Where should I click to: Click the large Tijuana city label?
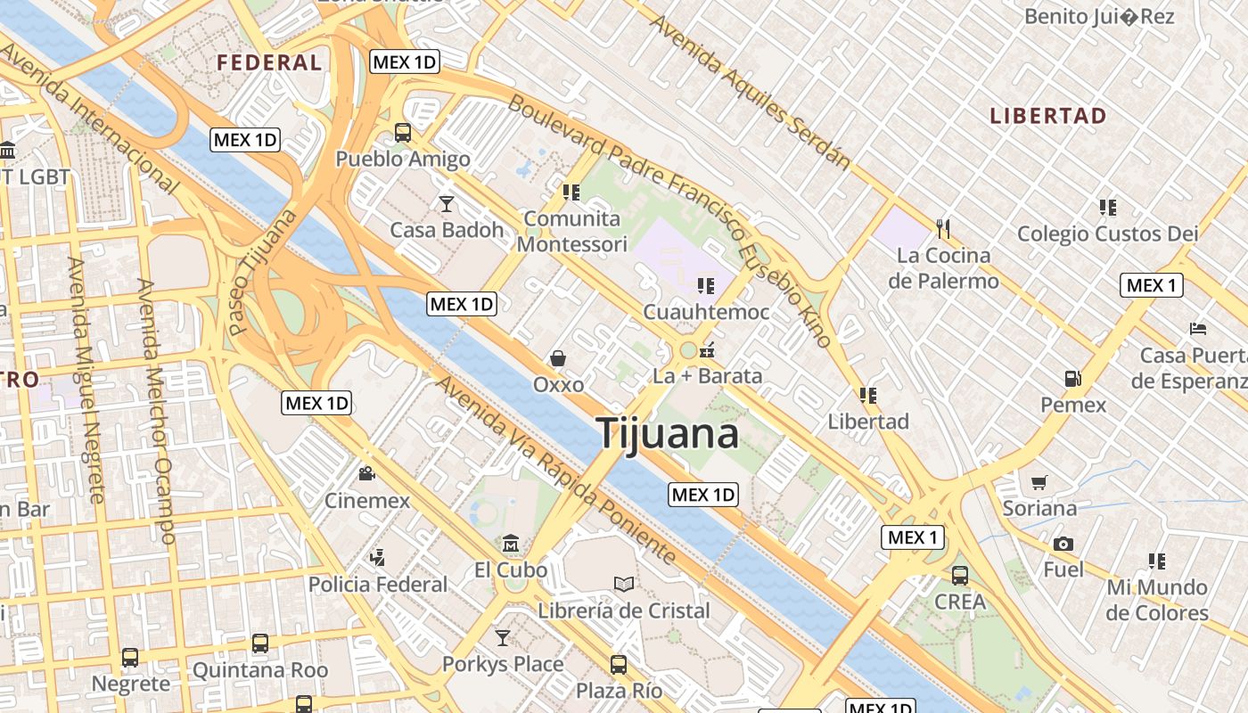[x=668, y=434]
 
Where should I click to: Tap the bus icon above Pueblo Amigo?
[x=403, y=133]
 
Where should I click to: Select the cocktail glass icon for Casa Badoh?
[x=447, y=204]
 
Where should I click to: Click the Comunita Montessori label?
[x=572, y=231]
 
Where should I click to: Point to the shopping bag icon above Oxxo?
[x=558, y=358]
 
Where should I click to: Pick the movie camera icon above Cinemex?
[x=366, y=473]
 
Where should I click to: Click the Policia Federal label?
[x=378, y=585]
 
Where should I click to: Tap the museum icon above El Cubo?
[x=511, y=543]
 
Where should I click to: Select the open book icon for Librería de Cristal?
[x=624, y=584]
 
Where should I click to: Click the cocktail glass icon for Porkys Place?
[x=503, y=638]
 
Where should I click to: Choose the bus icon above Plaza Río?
[x=619, y=664]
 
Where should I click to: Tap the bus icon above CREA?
[x=960, y=575]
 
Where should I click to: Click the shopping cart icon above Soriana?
[x=1039, y=482]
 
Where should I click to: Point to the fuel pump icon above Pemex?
[x=1073, y=379]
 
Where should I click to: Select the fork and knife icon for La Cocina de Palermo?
[x=944, y=229]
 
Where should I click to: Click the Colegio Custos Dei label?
[x=1108, y=234]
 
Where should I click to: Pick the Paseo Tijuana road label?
[x=263, y=272]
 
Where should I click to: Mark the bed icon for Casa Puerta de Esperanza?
[x=1198, y=329]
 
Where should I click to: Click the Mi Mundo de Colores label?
[x=1157, y=600]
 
